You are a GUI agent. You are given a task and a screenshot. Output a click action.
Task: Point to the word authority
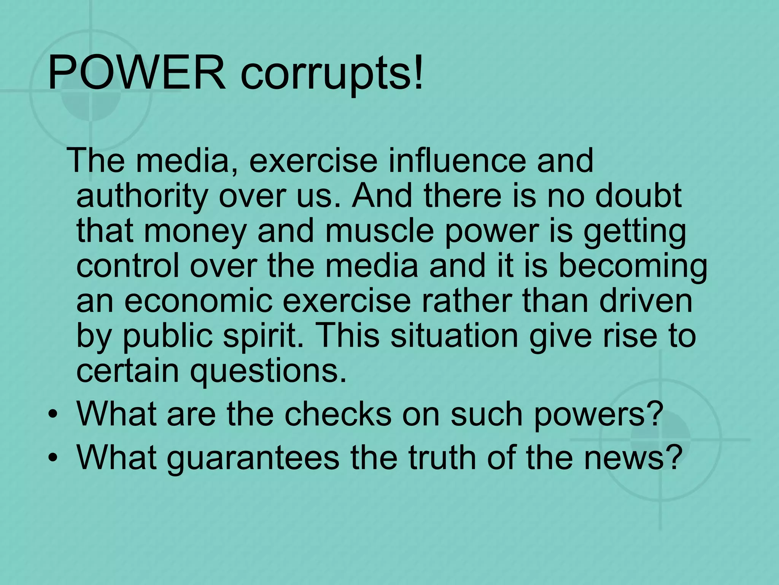tap(142, 197)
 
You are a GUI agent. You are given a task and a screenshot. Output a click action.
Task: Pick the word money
tap(195, 232)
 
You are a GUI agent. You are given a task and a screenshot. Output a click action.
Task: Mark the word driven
tap(646, 301)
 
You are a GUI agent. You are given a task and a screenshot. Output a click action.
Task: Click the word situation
tap(455, 336)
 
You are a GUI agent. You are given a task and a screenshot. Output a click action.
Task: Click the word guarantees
tap(253, 458)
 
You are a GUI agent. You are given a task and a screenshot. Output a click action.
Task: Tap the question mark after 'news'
tap(671, 456)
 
